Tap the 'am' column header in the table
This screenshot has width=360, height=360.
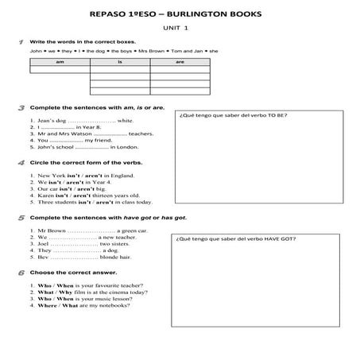(x=60, y=60)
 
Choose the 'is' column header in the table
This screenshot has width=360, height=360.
(x=120, y=60)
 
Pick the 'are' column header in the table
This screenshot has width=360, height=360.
(x=180, y=60)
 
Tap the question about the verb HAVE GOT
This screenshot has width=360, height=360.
(x=235, y=238)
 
